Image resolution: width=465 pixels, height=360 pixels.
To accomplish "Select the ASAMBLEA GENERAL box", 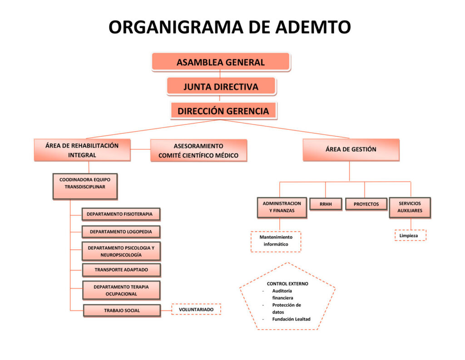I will click(221, 62).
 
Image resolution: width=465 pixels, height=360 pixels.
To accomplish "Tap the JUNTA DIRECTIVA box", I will click(221, 86).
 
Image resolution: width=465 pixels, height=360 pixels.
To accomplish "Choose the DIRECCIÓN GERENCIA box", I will click(223, 111).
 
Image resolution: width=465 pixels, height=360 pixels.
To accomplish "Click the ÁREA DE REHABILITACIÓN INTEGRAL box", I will click(82, 150).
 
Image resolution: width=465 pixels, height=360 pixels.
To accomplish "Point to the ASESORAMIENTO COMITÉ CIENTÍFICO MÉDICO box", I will click(198, 151).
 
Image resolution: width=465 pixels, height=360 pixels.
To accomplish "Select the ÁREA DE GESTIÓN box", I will click(351, 150).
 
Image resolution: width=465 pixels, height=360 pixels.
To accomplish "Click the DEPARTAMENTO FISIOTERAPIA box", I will click(120, 214).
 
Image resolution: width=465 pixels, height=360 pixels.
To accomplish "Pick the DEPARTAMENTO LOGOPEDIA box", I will click(121, 232).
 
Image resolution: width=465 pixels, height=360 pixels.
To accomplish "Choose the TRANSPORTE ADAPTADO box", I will click(121, 270).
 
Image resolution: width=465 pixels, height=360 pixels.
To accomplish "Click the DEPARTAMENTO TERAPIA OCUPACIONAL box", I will click(121, 290).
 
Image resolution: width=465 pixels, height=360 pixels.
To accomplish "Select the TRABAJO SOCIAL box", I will click(122, 311).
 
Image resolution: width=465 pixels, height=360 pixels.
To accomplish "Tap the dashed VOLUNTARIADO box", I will click(196, 310).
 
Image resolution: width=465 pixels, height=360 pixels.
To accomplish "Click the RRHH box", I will click(326, 204).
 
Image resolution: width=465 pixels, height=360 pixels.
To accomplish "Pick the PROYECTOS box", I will click(366, 204).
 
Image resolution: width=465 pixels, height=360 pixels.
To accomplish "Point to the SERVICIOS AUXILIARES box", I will click(410, 207).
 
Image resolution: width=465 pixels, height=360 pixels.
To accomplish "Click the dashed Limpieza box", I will click(410, 236).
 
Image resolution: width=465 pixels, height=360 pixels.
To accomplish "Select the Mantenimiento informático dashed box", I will click(276, 241).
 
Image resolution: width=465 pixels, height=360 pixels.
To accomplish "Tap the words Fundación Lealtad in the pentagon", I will click(291, 319).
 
